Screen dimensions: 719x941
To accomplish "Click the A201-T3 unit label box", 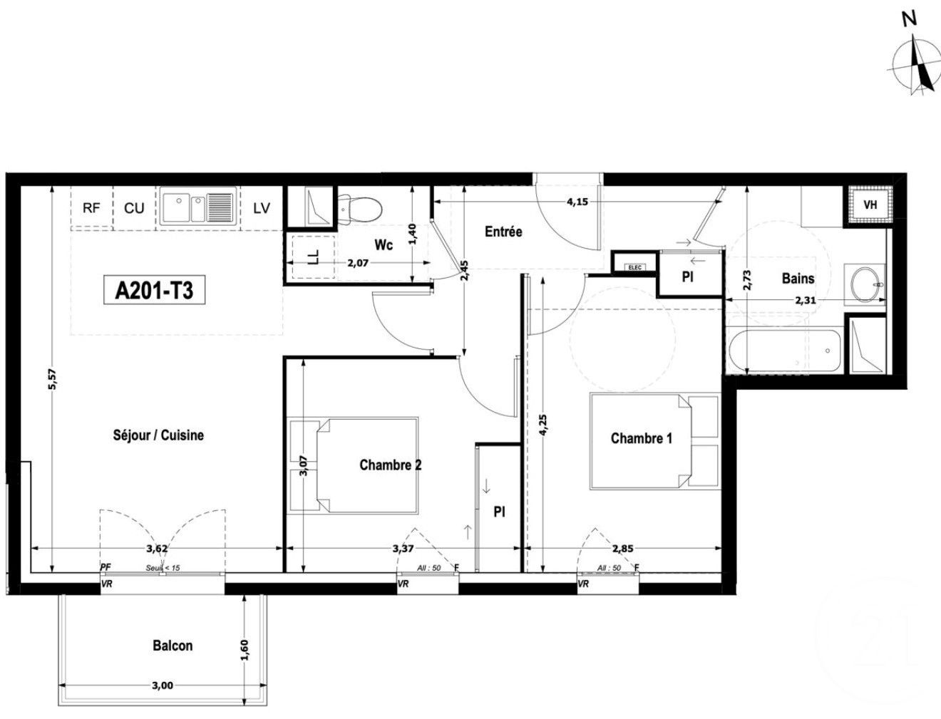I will click(155, 291).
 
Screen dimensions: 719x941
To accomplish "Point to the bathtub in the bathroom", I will click(784, 351).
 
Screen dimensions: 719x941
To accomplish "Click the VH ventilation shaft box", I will click(870, 205).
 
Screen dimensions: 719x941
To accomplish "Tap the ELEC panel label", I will click(634, 267).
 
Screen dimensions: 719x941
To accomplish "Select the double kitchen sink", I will click(197, 207).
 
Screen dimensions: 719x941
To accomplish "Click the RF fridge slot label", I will click(91, 208).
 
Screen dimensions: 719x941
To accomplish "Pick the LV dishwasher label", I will click(262, 208).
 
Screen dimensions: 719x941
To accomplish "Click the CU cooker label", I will click(134, 208).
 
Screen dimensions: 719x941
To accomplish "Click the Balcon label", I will click(173, 646).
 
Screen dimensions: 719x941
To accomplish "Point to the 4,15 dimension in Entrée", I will click(577, 202).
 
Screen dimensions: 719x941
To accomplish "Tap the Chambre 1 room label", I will click(641, 438).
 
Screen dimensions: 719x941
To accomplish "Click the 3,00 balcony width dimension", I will click(163, 686).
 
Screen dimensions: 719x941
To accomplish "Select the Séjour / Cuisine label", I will click(158, 435).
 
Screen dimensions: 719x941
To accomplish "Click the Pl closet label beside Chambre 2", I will click(499, 512).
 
